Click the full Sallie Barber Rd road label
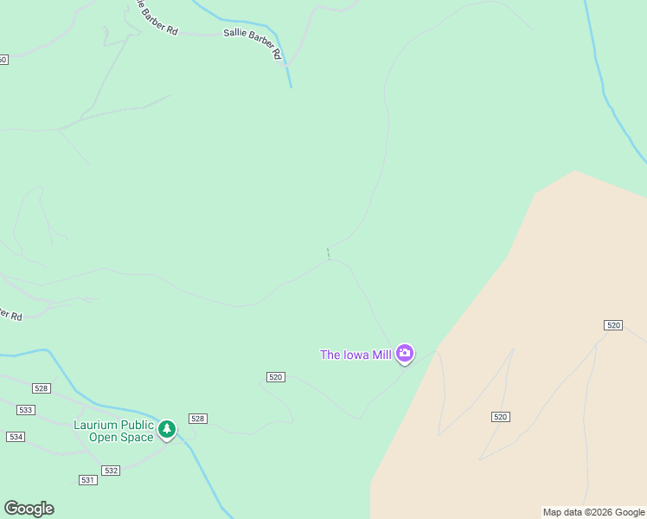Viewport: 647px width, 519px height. click(x=253, y=41)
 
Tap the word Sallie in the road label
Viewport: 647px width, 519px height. click(x=235, y=35)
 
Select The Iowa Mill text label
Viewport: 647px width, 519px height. click(x=356, y=355)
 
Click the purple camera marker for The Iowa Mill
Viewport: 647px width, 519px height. click(x=404, y=353)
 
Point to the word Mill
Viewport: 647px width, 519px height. click(x=381, y=355)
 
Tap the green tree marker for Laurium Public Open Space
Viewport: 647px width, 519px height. click(x=167, y=428)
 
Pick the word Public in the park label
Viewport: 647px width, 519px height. click(x=136, y=425)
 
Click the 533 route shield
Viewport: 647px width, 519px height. click(x=25, y=410)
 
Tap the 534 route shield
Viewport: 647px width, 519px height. click(x=16, y=437)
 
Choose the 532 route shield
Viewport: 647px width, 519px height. click(x=110, y=471)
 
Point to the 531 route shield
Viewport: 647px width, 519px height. click(x=87, y=480)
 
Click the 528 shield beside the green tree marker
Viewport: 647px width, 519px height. click(x=198, y=419)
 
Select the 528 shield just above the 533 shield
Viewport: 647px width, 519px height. click(x=40, y=388)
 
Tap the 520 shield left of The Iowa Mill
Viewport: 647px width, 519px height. click(x=276, y=377)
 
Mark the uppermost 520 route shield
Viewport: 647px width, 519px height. click(x=613, y=324)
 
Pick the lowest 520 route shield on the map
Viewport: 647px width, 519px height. click(x=500, y=417)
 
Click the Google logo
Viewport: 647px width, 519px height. click(x=29, y=509)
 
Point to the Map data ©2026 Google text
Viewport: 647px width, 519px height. click(x=593, y=513)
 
